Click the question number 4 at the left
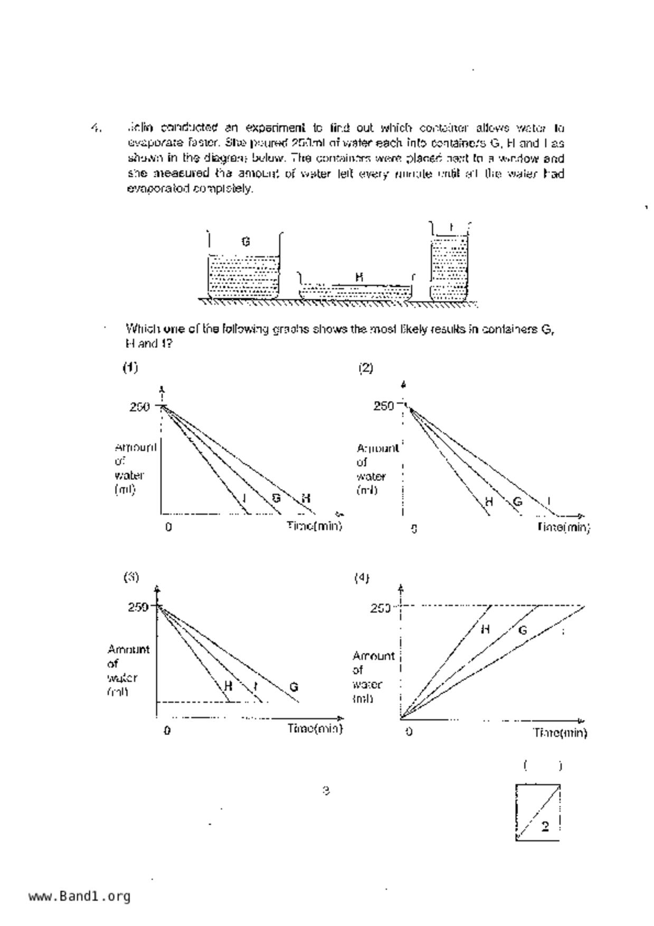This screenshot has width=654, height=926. [x=95, y=128]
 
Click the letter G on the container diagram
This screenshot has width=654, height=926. [x=245, y=242]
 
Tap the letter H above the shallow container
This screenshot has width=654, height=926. [x=359, y=277]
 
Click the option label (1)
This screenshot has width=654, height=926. [x=130, y=367]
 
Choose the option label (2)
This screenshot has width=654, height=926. [x=366, y=368]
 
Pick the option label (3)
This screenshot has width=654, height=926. [x=131, y=577]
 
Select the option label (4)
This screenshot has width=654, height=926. [x=362, y=578]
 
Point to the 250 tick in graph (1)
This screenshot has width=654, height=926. [x=140, y=407]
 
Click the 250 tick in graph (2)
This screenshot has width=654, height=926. [x=384, y=406]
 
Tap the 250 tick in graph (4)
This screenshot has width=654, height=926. [x=380, y=608]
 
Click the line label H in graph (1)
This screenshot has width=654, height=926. [x=306, y=498]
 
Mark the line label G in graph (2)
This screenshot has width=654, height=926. [x=517, y=502]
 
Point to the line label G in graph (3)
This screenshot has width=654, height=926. [x=294, y=687]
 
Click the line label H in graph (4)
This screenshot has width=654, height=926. [x=485, y=629]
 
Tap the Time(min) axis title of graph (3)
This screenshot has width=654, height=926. [x=315, y=729]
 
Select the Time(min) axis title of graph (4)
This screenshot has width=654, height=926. [x=560, y=733]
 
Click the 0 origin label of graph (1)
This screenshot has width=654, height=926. [x=168, y=527]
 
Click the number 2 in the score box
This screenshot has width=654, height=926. [x=545, y=827]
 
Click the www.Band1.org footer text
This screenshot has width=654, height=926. [x=79, y=896]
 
